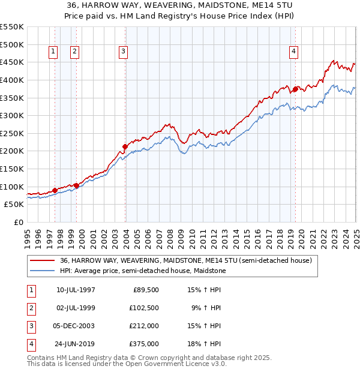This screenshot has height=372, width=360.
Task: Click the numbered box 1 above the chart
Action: tap(53, 52)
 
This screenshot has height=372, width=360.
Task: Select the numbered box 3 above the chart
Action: tap(123, 52)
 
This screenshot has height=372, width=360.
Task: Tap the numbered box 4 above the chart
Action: tap(293, 52)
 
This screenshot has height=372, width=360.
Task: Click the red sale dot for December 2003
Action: tap(125, 146)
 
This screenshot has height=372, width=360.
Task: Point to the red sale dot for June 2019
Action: tap(295, 89)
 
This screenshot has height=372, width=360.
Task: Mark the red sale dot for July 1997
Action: tap(55, 190)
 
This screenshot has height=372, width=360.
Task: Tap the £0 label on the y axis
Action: tap(18, 222)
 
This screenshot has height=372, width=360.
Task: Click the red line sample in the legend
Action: tap(42, 261)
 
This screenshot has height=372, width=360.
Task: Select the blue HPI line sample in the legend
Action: tap(42, 271)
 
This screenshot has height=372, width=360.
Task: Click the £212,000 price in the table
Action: tap(145, 326)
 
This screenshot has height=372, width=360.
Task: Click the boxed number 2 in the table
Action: tap(30, 308)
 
